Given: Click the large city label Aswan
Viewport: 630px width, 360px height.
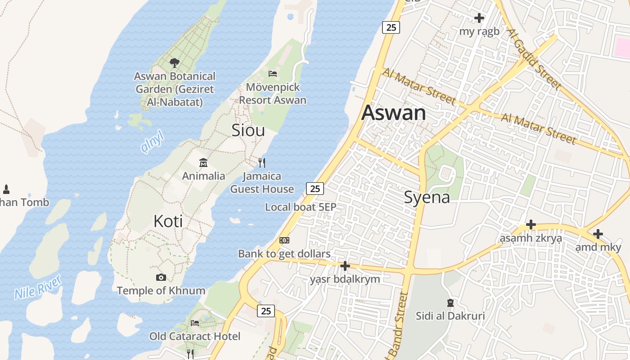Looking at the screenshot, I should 393,112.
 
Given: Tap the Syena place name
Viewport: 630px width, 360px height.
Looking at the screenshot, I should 427,197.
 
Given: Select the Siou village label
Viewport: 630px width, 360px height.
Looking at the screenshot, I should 248,130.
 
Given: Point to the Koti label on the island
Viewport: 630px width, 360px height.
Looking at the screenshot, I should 168,221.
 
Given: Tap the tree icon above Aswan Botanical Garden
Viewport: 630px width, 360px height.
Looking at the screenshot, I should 175,63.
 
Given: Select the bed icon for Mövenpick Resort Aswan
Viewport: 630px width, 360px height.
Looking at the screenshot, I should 273,73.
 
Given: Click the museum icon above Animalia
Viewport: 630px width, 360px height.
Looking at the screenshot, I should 203,162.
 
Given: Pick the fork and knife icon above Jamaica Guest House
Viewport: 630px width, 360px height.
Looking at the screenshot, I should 262,162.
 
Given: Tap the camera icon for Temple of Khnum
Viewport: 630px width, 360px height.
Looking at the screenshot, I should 161,277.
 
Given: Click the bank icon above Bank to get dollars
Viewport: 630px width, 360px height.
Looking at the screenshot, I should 284,240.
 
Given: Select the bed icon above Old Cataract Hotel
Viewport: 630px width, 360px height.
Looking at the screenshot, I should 195,323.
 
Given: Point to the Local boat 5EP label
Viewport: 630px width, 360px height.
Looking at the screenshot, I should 301,207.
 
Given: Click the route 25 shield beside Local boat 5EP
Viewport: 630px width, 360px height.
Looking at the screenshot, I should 315,189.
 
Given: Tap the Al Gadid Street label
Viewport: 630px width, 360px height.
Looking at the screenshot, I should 535,58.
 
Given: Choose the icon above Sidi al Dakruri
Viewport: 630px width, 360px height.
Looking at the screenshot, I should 450,302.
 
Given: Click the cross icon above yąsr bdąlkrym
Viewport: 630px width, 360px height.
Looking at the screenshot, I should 345,266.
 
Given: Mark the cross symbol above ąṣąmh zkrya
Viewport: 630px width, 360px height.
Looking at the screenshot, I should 531,224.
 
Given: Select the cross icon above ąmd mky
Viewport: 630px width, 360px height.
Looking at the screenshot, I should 598,234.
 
